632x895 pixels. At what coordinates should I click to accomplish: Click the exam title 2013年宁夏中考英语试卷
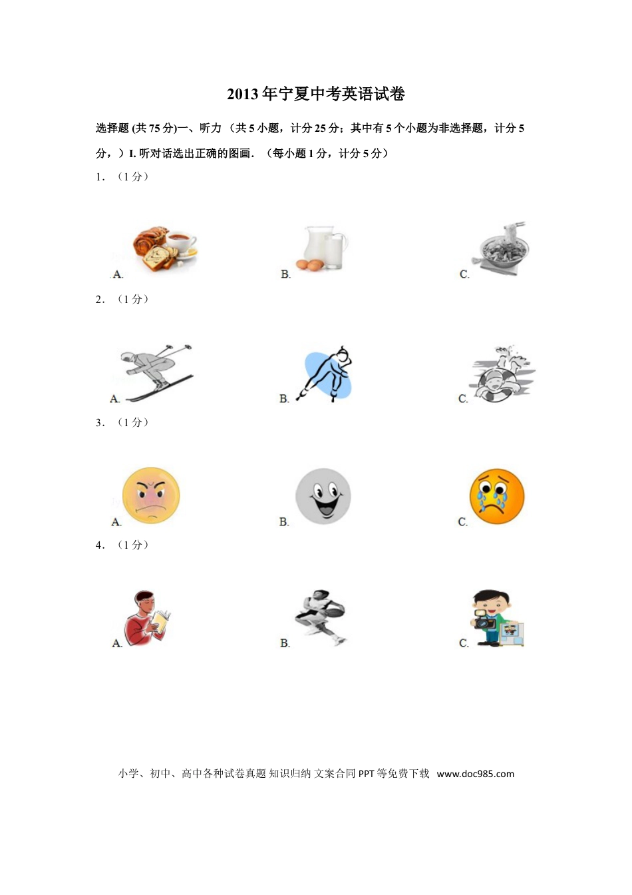316,95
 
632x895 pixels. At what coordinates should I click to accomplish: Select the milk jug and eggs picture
324,248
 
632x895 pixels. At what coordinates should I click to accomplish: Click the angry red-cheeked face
151,495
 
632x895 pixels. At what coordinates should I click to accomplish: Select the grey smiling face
323,496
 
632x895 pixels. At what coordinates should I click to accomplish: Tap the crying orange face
497,496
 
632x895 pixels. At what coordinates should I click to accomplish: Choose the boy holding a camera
497,619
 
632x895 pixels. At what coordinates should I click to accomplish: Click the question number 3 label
100,423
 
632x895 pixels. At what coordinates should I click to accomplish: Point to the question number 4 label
100,545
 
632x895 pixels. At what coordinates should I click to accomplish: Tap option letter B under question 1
285,274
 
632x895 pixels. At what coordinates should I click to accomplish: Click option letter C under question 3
463,522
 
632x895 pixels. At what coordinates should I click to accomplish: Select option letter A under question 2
114,399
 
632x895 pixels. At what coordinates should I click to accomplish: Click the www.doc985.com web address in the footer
476,774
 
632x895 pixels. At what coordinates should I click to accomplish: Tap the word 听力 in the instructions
210,129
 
